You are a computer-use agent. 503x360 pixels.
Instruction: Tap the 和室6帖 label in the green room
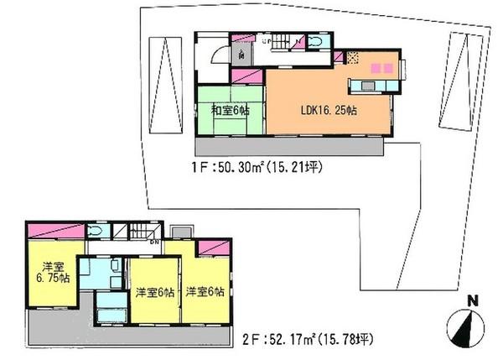[229, 109]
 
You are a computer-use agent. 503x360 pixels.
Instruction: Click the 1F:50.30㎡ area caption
[251, 167]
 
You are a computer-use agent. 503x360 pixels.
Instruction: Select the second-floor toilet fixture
[96, 232]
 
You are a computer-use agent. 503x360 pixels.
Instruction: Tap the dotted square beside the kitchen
[354, 59]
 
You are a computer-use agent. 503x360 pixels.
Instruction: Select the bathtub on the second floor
[111, 318]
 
